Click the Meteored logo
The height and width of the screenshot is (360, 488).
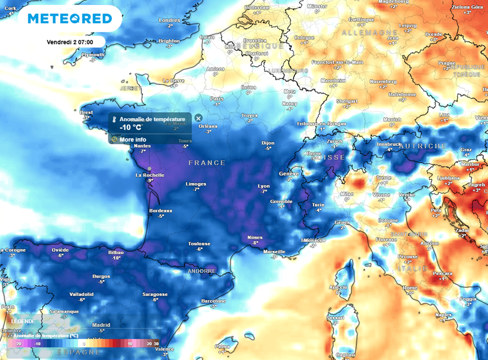70,19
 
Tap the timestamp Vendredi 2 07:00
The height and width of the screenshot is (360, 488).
70,42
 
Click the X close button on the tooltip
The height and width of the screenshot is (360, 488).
199,118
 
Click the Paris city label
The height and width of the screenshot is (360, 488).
217,99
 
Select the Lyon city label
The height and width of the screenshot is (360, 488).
264,186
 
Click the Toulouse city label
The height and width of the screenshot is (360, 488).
199,244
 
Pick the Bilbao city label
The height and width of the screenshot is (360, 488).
116,252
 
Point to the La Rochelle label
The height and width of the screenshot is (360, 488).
150,175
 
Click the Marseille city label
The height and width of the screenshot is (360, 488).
274,251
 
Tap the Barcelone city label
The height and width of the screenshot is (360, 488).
213,301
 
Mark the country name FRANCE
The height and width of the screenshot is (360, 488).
207,163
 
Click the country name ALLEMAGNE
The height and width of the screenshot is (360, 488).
363,32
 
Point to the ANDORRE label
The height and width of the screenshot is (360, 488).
202,271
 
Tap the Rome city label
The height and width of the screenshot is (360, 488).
410,288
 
